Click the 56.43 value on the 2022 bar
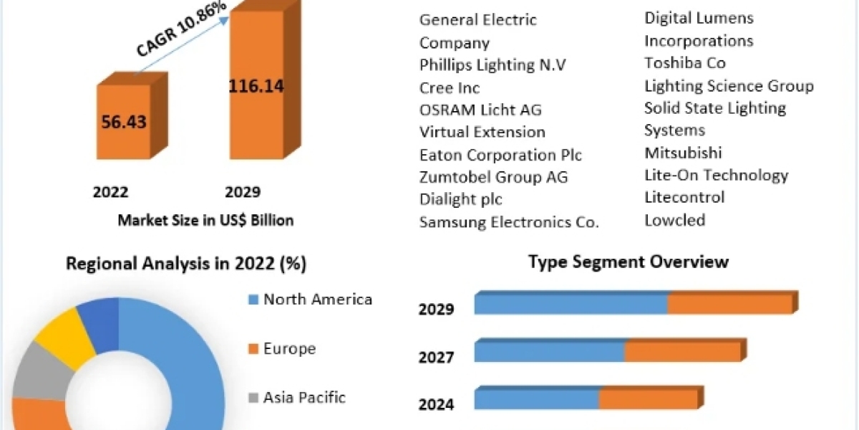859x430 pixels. [124, 122]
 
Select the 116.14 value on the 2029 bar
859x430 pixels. [256, 87]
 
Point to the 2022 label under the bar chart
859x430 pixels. [111, 192]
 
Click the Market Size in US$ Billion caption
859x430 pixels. [205, 220]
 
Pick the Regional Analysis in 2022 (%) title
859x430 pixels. [186, 264]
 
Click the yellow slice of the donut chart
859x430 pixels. [64, 334]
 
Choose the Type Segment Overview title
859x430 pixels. [629, 262]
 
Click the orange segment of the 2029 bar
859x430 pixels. [730, 304]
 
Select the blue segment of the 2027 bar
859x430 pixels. [549, 351]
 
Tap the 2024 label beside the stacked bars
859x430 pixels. [437, 405]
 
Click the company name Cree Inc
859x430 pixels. [450, 88]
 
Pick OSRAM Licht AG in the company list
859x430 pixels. [480, 110]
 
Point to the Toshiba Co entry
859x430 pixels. [685, 63]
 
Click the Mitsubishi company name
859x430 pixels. [683, 153]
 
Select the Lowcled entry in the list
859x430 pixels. [675, 220]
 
